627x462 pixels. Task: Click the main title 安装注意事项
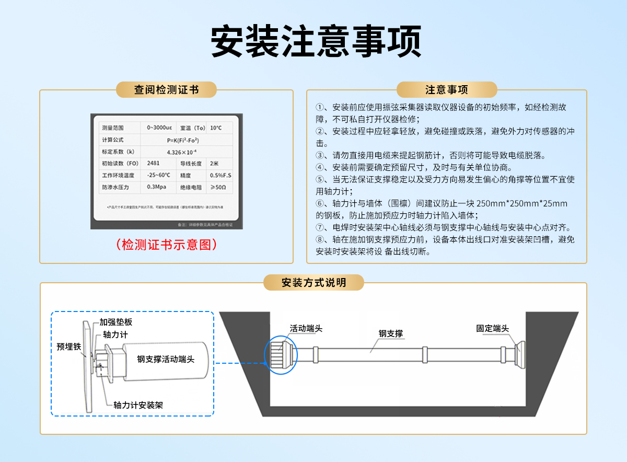316,41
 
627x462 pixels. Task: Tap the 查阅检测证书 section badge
166,89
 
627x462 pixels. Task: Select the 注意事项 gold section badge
446,89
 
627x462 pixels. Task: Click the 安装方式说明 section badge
313,283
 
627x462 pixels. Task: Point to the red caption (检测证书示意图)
167,244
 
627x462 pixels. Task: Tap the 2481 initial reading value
154,163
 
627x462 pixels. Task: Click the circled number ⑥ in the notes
320,203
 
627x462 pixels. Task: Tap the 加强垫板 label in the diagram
116,322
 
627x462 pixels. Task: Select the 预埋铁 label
69,346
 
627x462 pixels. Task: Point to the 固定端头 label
492,328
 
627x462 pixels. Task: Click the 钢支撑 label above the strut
390,333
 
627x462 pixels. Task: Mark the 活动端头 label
306,328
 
